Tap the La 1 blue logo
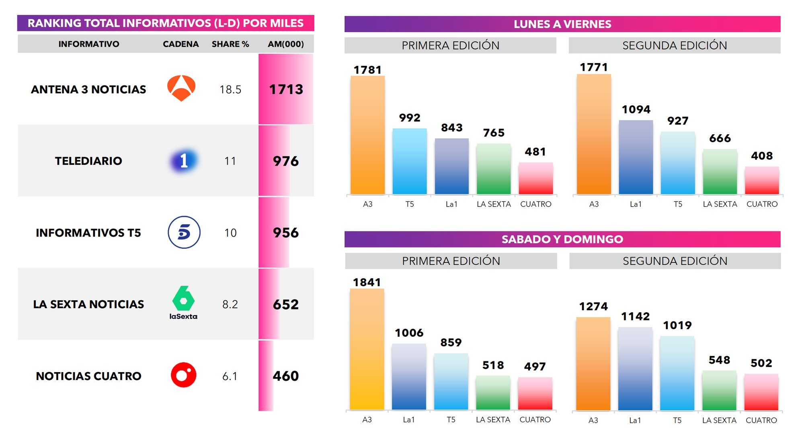[183, 161]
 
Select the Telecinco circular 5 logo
[184, 232]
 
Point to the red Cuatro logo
[183, 375]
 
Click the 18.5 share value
[230, 89]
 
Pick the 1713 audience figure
[286, 89]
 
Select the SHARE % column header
[230, 44]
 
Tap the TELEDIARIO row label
[88, 161]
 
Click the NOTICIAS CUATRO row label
[88, 376]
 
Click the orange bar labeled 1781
[367, 135]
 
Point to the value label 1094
[636, 109]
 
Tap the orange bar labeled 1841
[367, 349]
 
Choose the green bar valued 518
[493, 393]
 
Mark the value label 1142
[635, 317]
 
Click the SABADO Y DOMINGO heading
[562, 239]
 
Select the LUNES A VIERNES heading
[562, 24]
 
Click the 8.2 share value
[230, 304]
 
